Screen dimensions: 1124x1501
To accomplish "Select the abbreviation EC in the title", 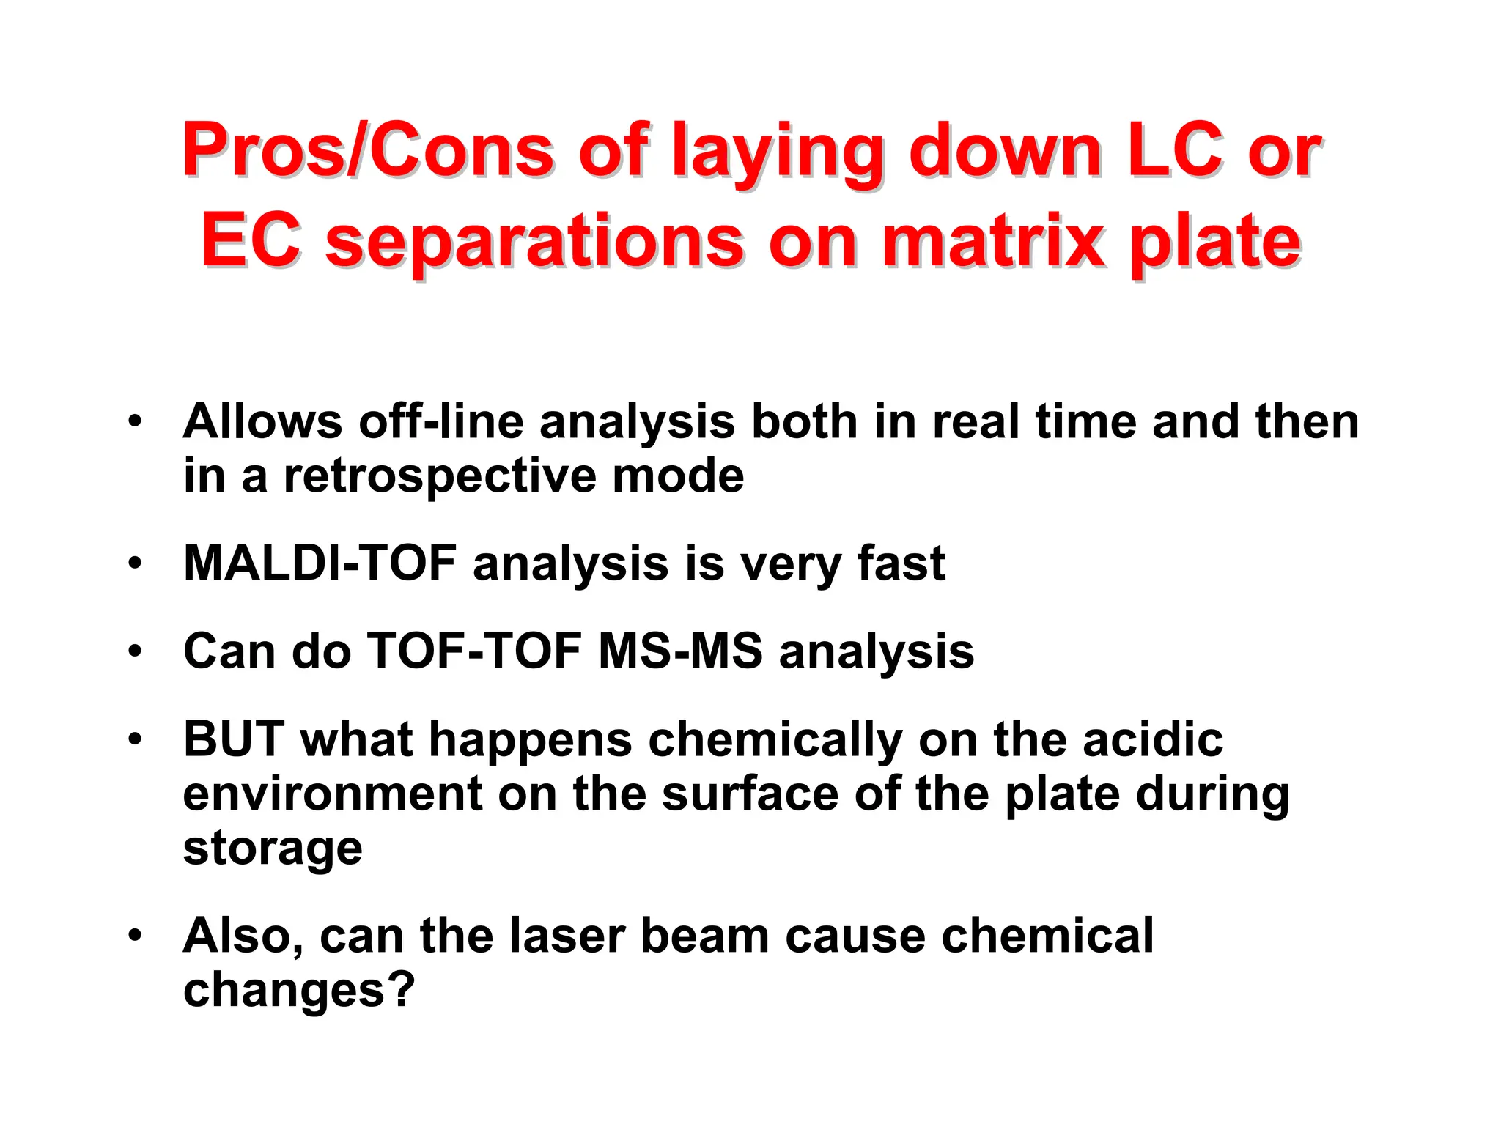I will click(x=251, y=240).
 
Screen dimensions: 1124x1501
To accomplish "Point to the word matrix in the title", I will click(x=992, y=240).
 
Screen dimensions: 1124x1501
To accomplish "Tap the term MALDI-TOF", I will click(x=320, y=563).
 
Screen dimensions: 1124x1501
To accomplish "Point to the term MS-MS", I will click(x=680, y=651).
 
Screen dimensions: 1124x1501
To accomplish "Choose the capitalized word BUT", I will click(x=234, y=739).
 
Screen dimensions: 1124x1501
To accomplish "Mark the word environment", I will click(x=333, y=794).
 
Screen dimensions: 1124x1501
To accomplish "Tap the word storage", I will click(x=273, y=848).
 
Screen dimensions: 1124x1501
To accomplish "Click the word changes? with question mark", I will click(x=299, y=991).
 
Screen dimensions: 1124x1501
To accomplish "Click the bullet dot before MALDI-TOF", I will click(x=134, y=563).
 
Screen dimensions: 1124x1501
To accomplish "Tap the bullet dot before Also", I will click(x=134, y=936).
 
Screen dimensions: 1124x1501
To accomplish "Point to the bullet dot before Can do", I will click(x=134, y=651).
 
